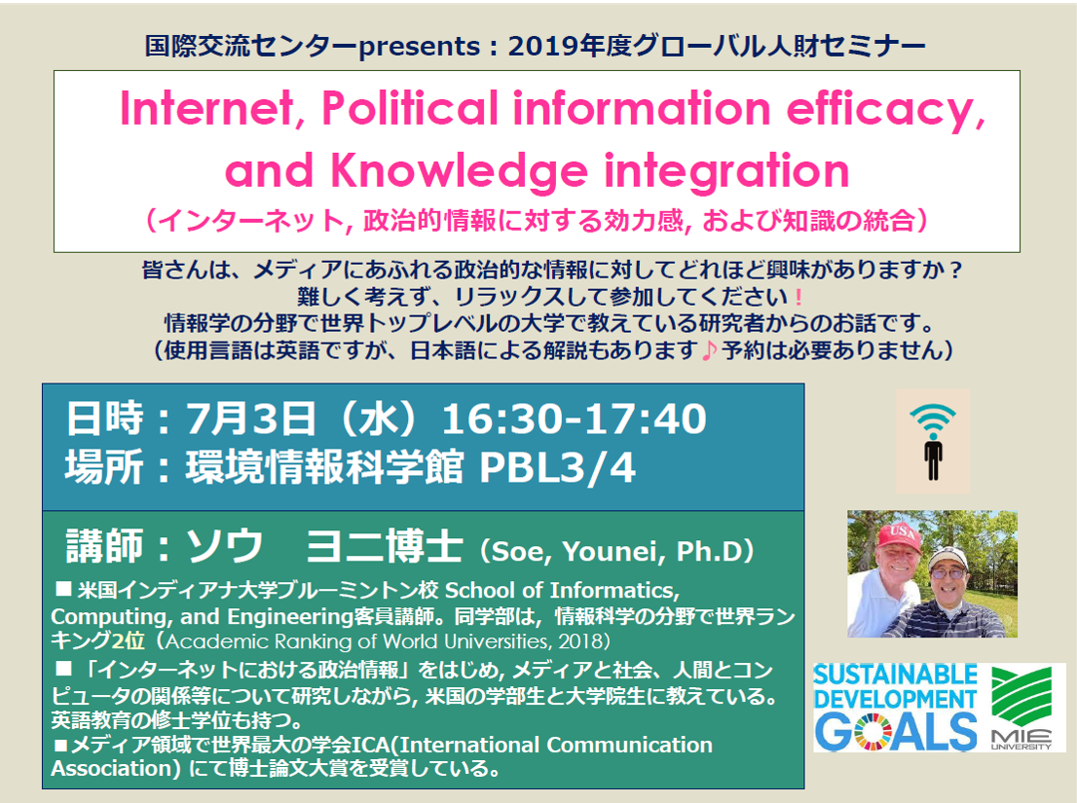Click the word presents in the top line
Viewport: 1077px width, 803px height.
pos(420,47)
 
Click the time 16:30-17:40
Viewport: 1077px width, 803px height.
pos(575,419)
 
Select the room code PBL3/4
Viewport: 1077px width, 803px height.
pos(558,467)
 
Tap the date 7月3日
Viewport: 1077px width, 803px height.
pos(250,419)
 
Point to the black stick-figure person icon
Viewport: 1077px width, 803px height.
pos(933,459)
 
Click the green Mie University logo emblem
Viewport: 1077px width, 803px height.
pos(1022,695)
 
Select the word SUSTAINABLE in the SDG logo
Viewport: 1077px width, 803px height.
pos(895,675)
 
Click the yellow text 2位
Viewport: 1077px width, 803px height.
pos(129,641)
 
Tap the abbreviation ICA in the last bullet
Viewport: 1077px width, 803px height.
pos(372,745)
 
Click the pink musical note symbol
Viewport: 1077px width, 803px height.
pos(710,350)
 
